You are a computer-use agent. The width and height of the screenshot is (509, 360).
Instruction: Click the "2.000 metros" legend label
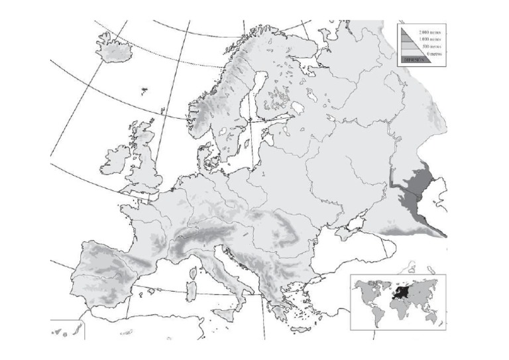coord(427,32)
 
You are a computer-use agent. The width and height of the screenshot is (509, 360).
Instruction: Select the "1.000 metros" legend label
coord(427,40)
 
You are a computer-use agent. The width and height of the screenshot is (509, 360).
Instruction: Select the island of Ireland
coord(115,160)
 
